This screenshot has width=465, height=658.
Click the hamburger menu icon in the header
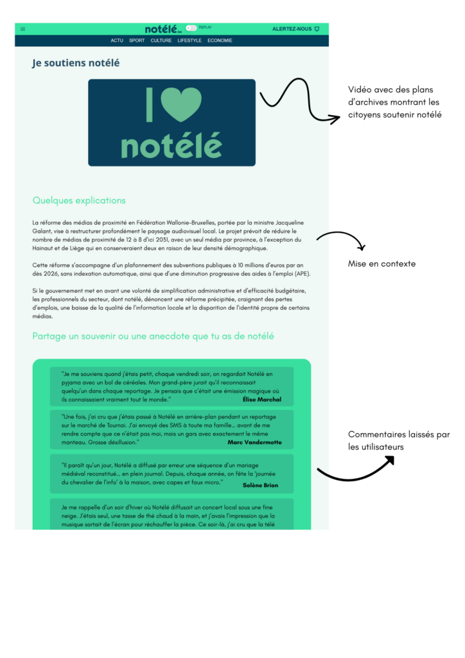pyautogui.click(x=23, y=29)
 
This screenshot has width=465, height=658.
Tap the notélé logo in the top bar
pyautogui.click(x=163, y=29)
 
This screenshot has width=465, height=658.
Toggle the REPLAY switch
pyautogui.click(x=191, y=28)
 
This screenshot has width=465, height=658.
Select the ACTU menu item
pyautogui.click(x=117, y=40)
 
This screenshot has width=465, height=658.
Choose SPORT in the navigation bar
pyautogui.click(x=137, y=40)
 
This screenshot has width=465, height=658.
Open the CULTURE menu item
pyautogui.click(x=161, y=40)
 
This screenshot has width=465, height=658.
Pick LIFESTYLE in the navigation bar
pyautogui.click(x=189, y=40)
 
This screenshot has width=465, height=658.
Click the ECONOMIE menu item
pyautogui.click(x=220, y=40)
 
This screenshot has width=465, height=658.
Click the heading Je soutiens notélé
pyautogui.click(x=76, y=63)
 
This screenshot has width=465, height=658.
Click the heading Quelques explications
pyautogui.click(x=79, y=200)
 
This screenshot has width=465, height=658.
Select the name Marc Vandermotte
pyautogui.click(x=254, y=442)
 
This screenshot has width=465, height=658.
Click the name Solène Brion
pyautogui.click(x=261, y=485)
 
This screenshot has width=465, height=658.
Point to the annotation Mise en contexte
pyautogui.click(x=382, y=263)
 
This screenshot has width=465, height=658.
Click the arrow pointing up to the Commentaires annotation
pyautogui.click(x=355, y=471)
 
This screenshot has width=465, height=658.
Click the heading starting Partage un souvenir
pyautogui.click(x=153, y=336)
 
